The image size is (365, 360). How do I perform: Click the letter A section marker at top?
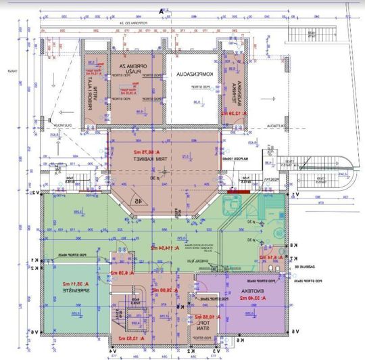(x=161, y=11)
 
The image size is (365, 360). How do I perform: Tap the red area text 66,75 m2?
(x=164, y=152)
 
